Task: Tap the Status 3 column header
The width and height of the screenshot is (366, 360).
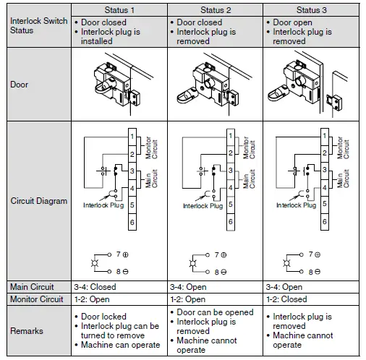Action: coord(311,9)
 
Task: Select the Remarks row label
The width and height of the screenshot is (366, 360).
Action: coord(26,330)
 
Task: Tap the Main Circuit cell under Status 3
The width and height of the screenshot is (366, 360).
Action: coord(287,287)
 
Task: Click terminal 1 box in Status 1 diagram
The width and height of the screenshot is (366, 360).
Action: coord(132,137)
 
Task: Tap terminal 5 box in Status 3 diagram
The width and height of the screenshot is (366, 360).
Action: coord(325,206)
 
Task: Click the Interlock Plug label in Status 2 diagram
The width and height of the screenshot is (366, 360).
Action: coord(202,206)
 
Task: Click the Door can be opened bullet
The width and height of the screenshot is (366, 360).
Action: coord(216,312)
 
